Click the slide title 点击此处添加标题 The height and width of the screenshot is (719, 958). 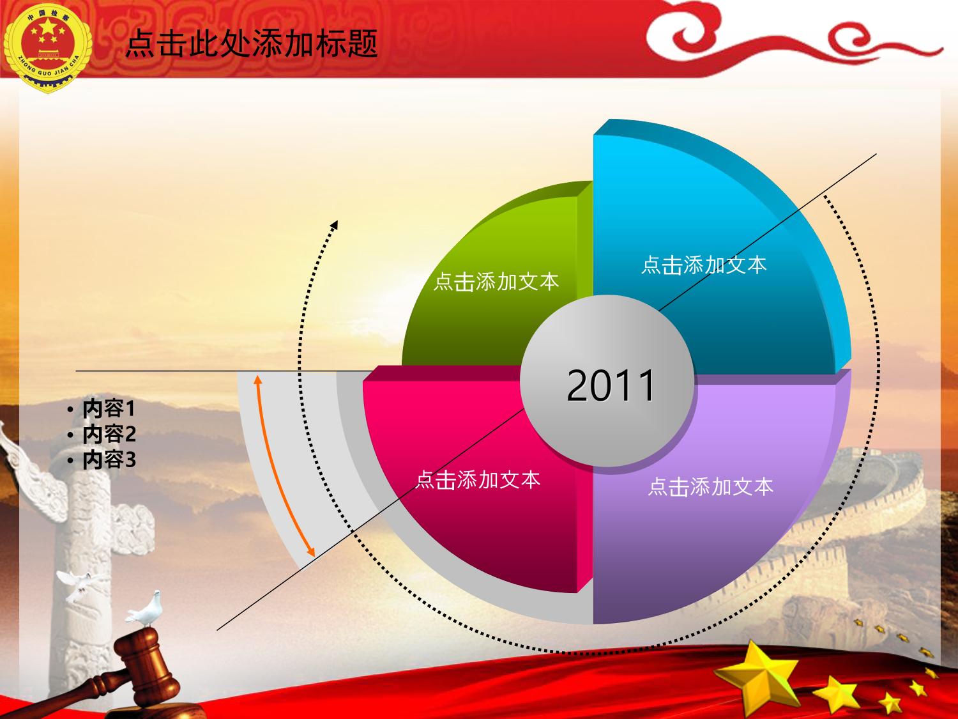click(252, 43)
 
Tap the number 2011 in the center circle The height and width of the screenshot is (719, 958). click(611, 385)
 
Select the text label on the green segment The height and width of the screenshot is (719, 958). click(496, 282)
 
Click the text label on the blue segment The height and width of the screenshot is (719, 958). click(704, 265)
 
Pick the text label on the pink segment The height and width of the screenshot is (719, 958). click(478, 479)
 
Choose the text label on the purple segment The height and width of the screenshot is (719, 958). click(711, 486)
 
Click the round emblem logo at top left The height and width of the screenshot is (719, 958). click(47, 47)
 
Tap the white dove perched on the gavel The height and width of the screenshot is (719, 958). click(146, 609)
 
